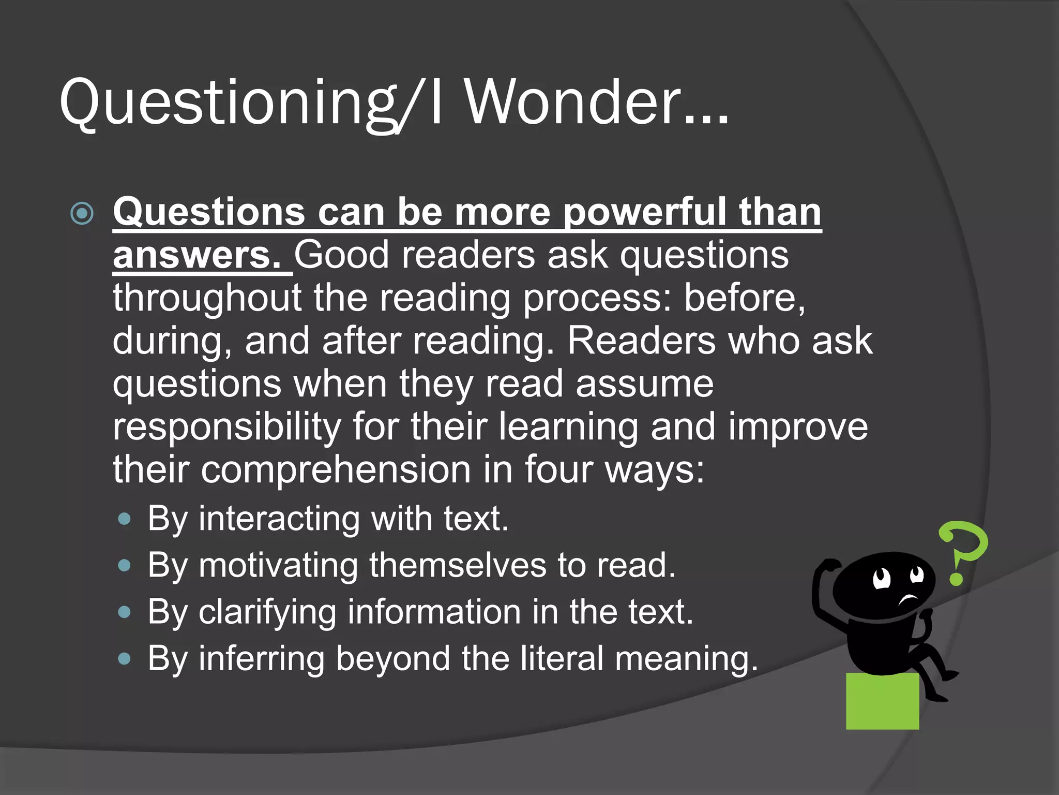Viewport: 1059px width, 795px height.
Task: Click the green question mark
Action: coord(962,551)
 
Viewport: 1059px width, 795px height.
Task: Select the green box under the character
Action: coord(882,701)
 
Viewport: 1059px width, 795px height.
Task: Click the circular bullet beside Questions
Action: coord(82,213)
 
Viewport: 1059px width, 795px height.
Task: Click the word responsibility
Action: coord(226,427)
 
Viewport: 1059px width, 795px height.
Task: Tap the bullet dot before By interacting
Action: coord(124,519)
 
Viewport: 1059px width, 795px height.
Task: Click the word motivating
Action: coord(278,565)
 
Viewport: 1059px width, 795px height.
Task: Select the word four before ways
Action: coord(558,470)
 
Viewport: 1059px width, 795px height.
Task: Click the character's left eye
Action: coord(881,579)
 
